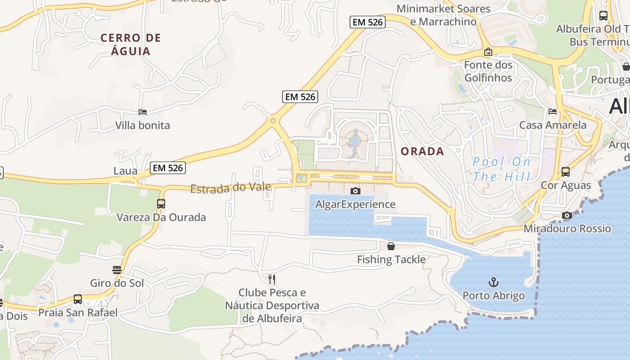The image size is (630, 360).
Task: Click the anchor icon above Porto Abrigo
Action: [x=494, y=283]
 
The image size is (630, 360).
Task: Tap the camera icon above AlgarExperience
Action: [x=355, y=191]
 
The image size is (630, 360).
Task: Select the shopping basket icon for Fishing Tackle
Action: [x=391, y=246]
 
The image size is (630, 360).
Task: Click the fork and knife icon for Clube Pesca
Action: [x=272, y=279]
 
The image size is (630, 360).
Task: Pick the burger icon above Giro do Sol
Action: [x=117, y=270]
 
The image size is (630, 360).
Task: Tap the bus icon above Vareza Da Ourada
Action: [x=161, y=203]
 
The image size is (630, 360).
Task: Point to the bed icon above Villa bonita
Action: [x=143, y=112]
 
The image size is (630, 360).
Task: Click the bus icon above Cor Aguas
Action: [x=566, y=171]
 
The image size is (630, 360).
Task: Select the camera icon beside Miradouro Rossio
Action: [x=567, y=216]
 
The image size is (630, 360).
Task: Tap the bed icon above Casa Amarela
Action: [x=553, y=112]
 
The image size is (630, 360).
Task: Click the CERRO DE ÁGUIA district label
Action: [x=131, y=44]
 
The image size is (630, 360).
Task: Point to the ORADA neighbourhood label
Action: [x=423, y=152]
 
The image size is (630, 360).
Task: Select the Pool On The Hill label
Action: [x=502, y=169]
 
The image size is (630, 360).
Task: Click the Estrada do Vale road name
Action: [x=231, y=188]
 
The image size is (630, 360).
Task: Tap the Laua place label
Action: [x=126, y=171]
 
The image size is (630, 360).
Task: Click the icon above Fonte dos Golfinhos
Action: [x=488, y=52]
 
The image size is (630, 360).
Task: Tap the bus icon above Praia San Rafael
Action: [x=78, y=299]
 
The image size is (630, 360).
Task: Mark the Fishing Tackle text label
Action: [x=391, y=260]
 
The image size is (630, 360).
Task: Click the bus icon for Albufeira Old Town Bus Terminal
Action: [x=603, y=16]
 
